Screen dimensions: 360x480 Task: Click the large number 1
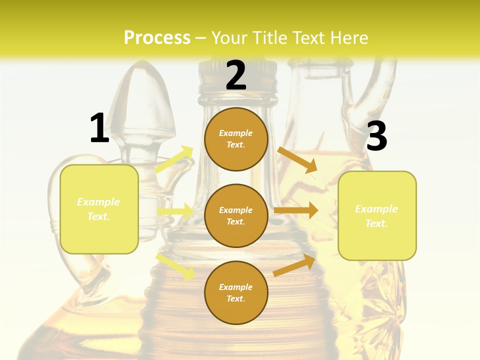(x=99, y=128)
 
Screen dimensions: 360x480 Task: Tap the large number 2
(x=236, y=75)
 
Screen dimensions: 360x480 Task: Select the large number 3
(x=376, y=136)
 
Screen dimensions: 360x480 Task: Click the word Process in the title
(x=157, y=37)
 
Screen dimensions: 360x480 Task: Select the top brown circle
(x=236, y=139)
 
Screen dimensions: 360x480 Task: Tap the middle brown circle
(x=236, y=215)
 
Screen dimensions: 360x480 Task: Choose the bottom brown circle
(x=236, y=292)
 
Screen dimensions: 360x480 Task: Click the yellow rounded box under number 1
(x=99, y=209)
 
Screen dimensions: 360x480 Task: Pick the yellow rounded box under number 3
(x=377, y=215)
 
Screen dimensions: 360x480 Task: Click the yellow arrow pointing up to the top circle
(x=174, y=159)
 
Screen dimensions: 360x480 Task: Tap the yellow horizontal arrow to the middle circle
(x=175, y=211)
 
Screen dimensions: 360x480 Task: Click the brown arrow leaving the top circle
(x=297, y=159)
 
